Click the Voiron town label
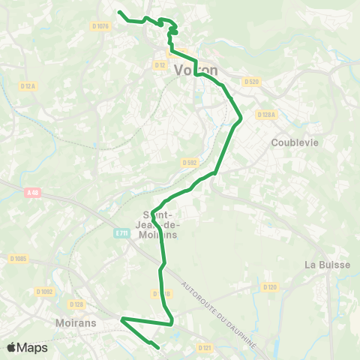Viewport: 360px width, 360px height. pyautogui.click(x=196, y=70)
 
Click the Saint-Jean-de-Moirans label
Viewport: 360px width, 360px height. pyautogui.click(x=159, y=223)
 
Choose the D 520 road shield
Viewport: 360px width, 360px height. pyautogui.click(x=251, y=82)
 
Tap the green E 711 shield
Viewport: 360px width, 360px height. pyautogui.click(x=121, y=234)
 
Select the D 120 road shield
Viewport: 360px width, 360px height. pyautogui.click(x=270, y=286)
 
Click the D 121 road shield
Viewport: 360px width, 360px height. pyautogui.click(x=205, y=348)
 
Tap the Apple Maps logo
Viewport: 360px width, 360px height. pyautogui.click(x=27, y=347)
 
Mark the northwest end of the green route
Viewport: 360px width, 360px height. pyautogui.click(x=120, y=12)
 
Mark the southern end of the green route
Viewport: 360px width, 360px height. pyautogui.click(x=159, y=348)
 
